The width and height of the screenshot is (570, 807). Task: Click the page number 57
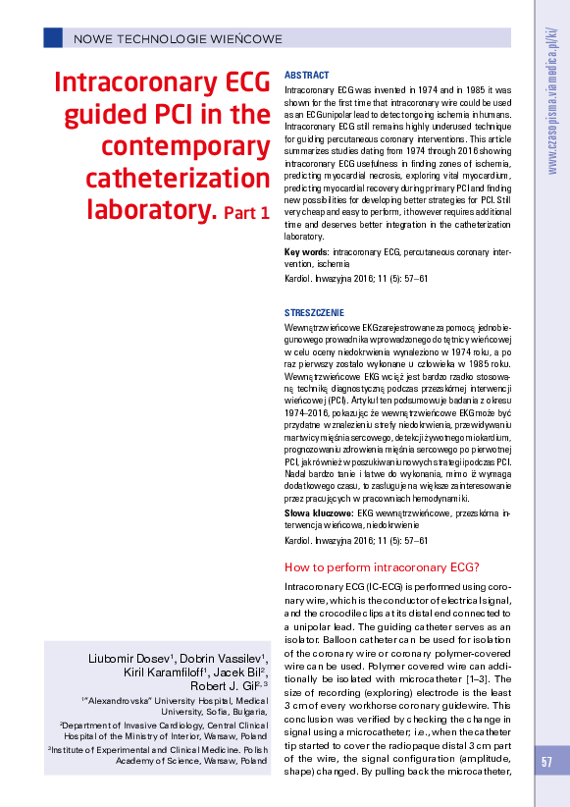(547, 762)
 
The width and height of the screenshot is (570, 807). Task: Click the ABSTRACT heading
(306, 76)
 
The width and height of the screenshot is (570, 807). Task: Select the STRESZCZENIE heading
(314, 312)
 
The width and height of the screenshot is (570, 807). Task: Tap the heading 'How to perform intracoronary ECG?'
(381, 566)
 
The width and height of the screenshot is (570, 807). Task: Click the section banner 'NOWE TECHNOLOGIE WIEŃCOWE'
(178, 39)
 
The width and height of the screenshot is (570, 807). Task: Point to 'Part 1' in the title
(246, 212)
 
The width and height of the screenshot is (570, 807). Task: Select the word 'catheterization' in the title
(189, 180)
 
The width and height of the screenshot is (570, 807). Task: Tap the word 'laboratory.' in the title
(152, 210)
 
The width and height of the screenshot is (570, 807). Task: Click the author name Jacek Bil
(241, 672)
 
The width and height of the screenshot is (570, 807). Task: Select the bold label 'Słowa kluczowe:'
(318, 513)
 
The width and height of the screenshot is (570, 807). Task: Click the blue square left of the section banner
(52, 38)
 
